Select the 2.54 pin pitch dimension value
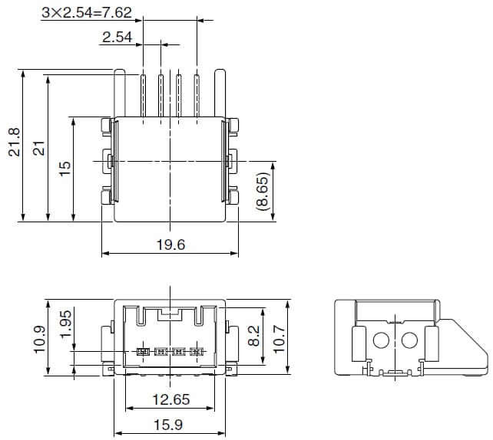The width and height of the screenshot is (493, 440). [117, 37]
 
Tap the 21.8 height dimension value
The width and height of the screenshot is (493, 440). [14, 143]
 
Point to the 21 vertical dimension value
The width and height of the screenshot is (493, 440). [38, 148]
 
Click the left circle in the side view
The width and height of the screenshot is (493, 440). [382, 340]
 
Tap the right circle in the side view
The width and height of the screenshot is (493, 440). [409, 340]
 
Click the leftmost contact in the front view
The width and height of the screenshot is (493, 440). [141, 352]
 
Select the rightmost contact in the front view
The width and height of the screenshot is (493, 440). [197, 352]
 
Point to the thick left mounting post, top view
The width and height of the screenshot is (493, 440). [120, 92]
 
